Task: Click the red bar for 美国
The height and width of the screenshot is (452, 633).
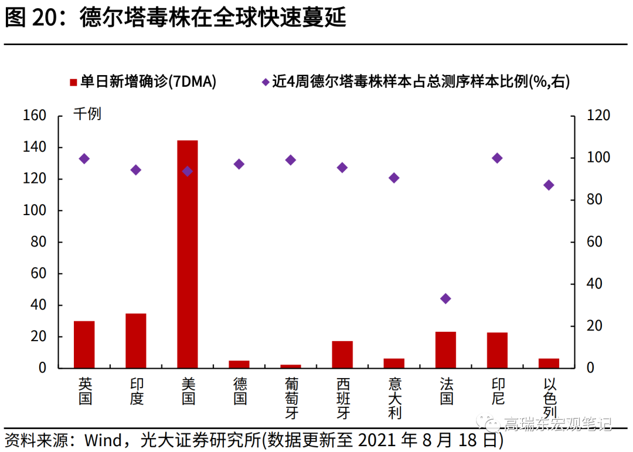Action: click(x=188, y=254)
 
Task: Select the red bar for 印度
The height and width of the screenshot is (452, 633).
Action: click(x=136, y=341)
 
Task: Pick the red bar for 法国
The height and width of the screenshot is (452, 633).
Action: click(x=445, y=349)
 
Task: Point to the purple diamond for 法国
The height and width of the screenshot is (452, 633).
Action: click(x=445, y=298)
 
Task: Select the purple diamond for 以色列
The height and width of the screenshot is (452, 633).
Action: click(x=549, y=185)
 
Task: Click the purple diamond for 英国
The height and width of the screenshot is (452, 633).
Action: click(x=84, y=158)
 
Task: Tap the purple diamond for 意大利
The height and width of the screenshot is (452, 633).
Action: click(x=394, y=178)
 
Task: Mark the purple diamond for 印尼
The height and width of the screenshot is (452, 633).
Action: click(x=497, y=158)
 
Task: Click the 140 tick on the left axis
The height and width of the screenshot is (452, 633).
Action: click(x=35, y=147)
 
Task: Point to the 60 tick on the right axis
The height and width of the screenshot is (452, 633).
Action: click(x=593, y=242)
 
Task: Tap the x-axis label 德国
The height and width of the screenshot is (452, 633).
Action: click(x=240, y=391)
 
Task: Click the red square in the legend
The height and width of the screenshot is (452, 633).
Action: click(x=73, y=82)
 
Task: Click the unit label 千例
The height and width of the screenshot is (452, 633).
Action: click(x=87, y=114)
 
